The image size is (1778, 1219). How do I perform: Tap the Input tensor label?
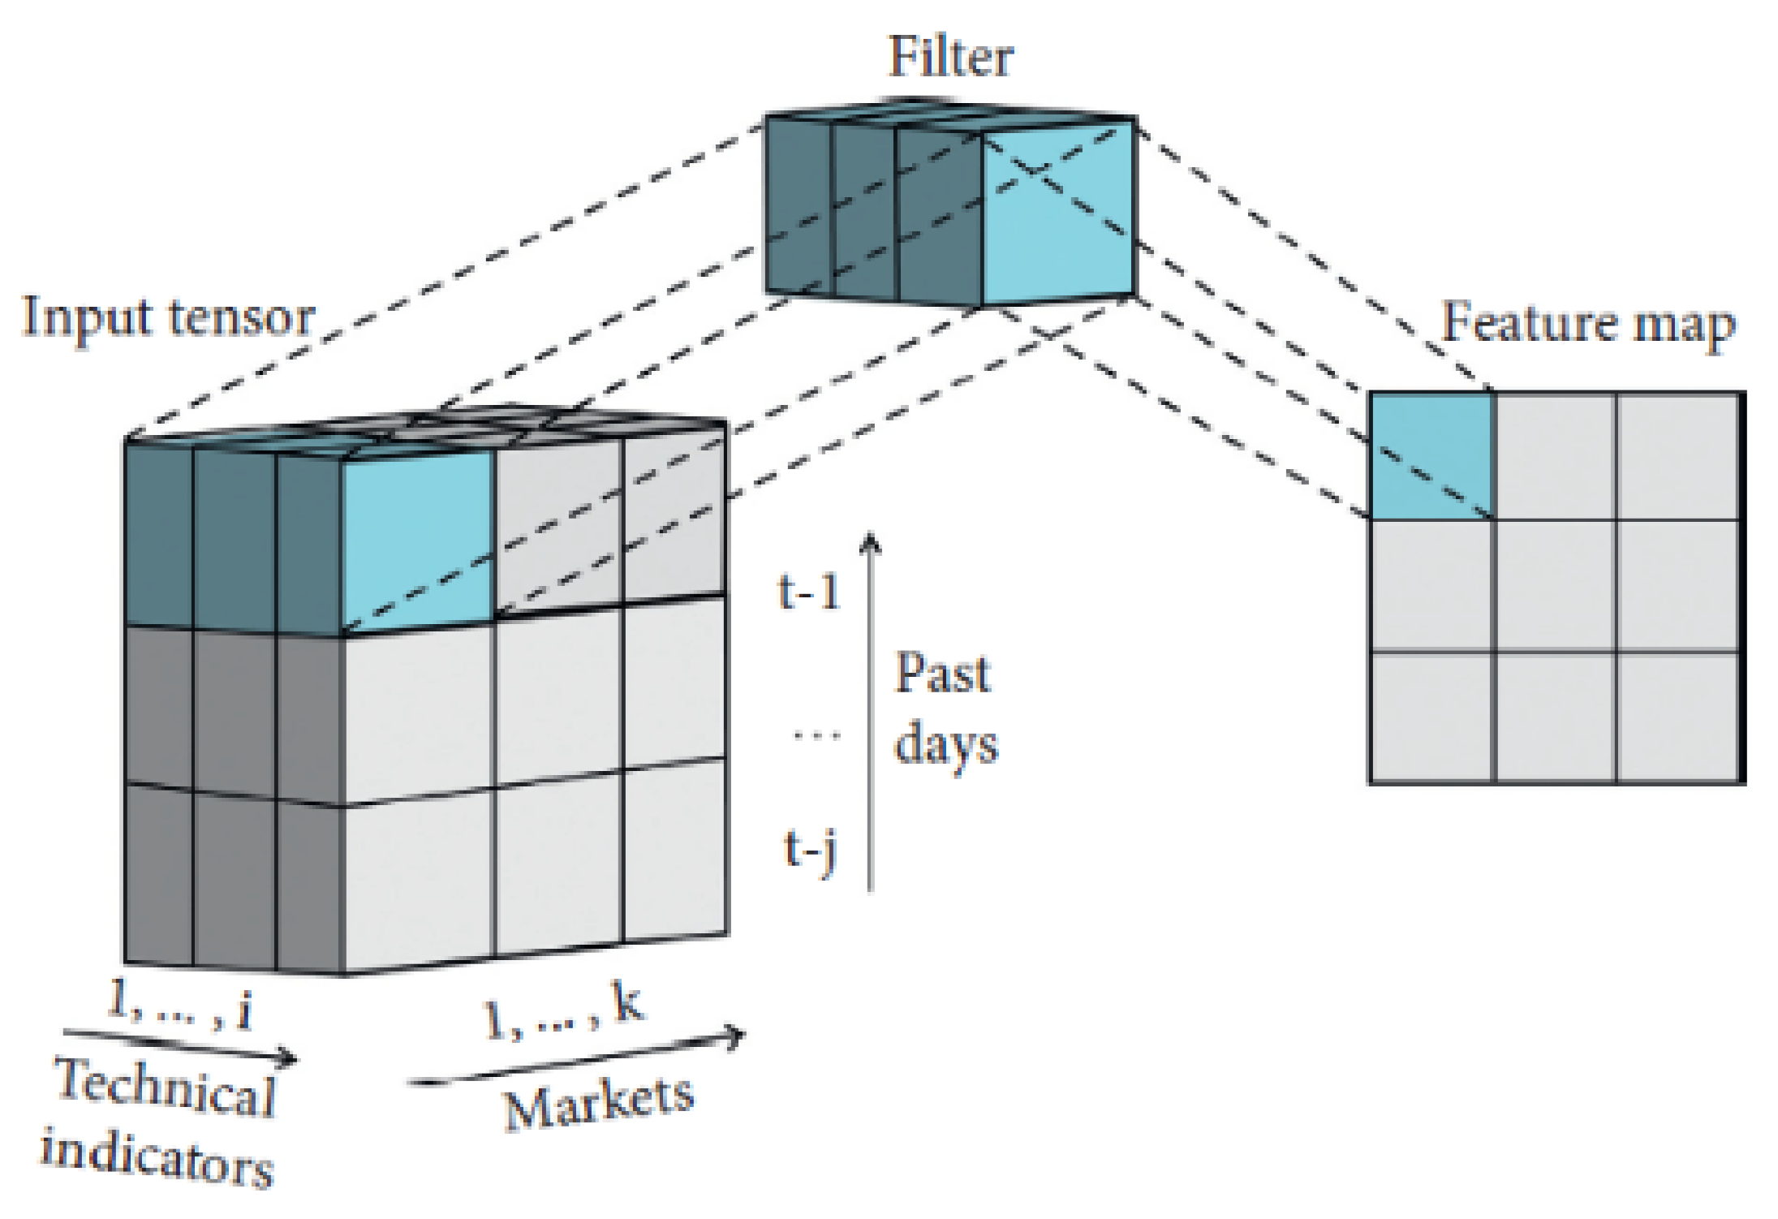(x=168, y=317)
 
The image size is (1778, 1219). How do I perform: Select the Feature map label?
(x=1588, y=324)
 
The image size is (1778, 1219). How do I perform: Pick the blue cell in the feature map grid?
(x=1431, y=455)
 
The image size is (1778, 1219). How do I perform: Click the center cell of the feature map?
(x=1555, y=586)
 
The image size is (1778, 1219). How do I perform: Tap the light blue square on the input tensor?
(x=417, y=539)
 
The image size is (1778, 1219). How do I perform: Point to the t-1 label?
(x=808, y=592)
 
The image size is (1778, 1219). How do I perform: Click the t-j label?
(x=810, y=850)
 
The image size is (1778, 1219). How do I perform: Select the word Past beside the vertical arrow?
(x=942, y=674)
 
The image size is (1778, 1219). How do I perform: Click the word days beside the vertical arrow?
(x=945, y=744)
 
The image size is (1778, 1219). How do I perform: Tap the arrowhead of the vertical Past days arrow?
(x=870, y=541)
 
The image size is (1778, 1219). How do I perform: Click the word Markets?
(x=598, y=1105)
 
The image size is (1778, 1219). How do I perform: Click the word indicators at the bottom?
(x=157, y=1159)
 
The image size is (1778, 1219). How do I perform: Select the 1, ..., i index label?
(x=180, y=1007)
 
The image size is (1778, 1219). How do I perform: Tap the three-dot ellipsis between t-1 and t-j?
(x=816, y=735)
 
